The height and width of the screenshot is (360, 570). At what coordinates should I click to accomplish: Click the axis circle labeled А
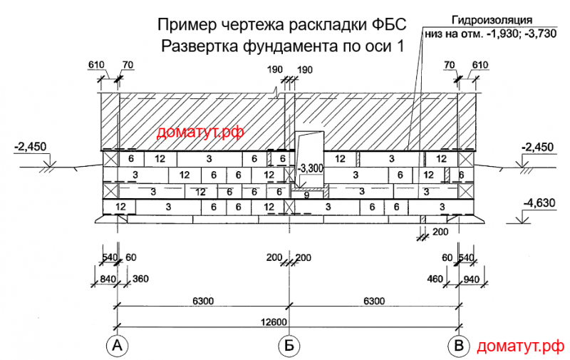[x=117, y=345]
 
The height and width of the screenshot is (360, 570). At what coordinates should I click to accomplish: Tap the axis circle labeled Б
[x=289, y=345]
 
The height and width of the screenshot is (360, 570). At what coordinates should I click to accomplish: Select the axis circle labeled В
[x=458, y=345]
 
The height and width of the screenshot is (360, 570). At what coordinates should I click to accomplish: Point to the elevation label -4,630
[x=539, y=202]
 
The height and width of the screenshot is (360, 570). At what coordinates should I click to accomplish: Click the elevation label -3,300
[x=310, y=168]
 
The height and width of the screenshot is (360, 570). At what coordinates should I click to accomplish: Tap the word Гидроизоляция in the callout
[x=492, y=20]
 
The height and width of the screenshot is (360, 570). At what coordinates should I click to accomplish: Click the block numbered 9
[x=306, y=195]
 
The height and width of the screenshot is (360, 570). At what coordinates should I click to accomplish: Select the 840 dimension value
[x=108, y=279]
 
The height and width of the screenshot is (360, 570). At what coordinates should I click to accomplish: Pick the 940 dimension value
[x=472, y=279]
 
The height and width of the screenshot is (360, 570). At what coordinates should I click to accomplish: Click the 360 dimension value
[x=140, y=279]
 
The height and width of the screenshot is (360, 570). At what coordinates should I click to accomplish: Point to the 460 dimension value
[x=435, y=279]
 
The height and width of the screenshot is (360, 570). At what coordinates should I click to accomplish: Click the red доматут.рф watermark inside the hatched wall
[x=200, y=133]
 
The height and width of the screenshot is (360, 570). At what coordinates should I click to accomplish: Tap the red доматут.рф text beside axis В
[x=521, y=346]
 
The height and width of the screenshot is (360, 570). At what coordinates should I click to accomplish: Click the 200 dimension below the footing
[x=440, y=232]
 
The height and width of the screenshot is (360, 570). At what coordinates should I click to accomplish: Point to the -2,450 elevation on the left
[x=31, y=147]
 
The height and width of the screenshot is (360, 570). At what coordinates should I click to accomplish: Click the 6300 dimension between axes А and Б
[x=203, y=301]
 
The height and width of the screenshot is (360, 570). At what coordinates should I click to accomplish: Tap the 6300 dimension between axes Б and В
[x=373, y=301]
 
